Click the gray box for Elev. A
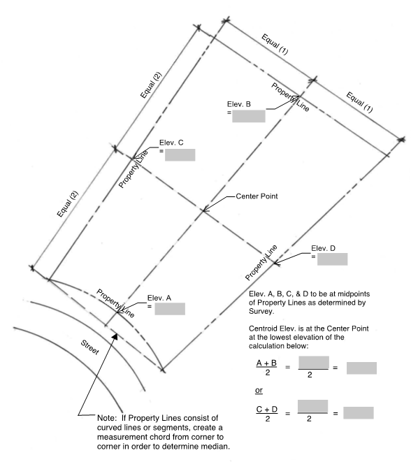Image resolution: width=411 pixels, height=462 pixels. click(x=170, y=309)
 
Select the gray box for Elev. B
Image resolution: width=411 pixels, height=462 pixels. click(x=249, y=116)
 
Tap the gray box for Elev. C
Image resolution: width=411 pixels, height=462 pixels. click(x=180, y=155)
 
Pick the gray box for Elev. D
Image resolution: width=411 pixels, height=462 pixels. click(x=332, y=259)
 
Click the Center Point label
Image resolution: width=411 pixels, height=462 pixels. click(x=257, y=196)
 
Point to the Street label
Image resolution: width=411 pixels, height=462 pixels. click(x=90, y=347)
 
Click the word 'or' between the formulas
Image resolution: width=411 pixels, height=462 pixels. click(x=259, y=391)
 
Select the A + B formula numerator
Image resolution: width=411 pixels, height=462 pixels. click(x=266, y=363)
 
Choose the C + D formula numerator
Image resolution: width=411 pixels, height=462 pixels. click(x=267, y=410)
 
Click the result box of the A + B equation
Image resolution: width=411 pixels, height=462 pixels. click(x=361, y=368)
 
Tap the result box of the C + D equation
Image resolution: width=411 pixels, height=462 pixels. click(x=359, y=413)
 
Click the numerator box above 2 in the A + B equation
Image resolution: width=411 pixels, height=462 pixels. click(x=314, y=363)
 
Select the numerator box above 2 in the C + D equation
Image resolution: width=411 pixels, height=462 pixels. click(x=313, y=406)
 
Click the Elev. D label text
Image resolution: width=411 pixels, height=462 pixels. click(x=323, y=248)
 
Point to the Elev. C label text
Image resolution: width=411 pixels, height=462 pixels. click(x=171, y=143)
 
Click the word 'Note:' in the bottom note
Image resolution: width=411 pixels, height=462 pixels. click(x=107, y=418)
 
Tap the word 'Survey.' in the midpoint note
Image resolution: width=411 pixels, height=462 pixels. click(x=261, y=312)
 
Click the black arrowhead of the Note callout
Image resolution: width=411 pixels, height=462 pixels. click(x=115, y=336)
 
